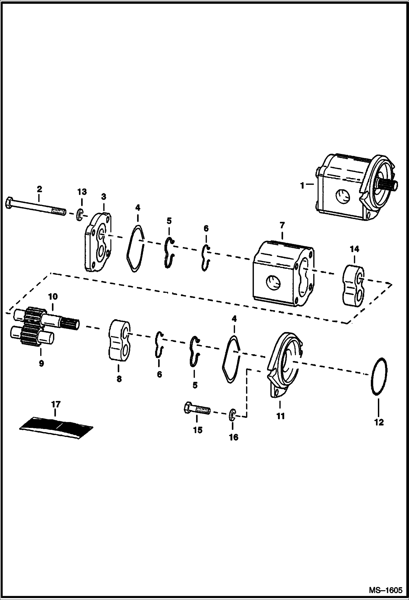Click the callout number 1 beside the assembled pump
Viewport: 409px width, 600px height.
pos(302,185)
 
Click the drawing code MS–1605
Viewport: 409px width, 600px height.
pos(386,590)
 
